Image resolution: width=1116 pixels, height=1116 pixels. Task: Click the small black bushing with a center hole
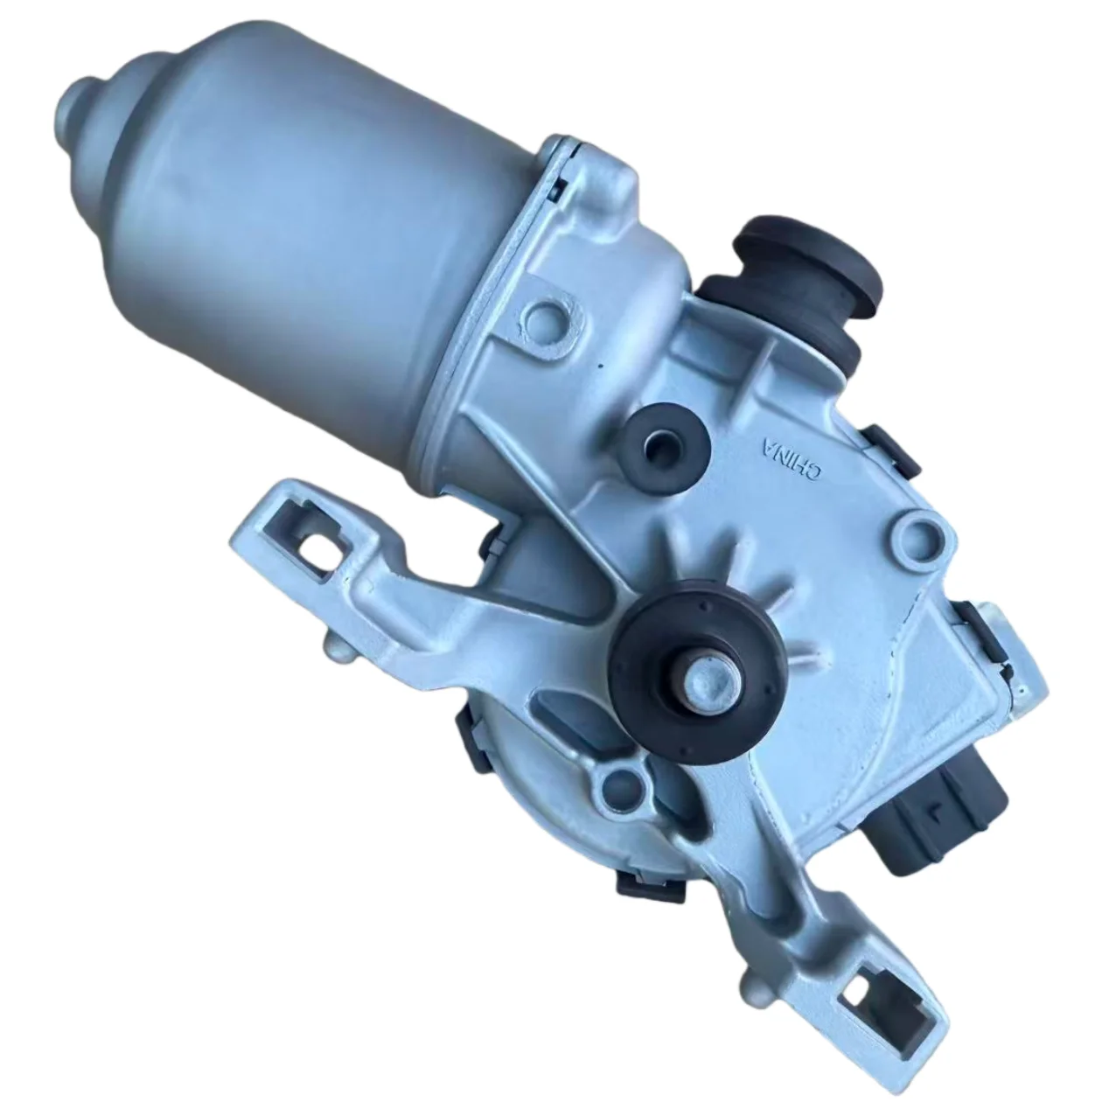coord(666,440)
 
